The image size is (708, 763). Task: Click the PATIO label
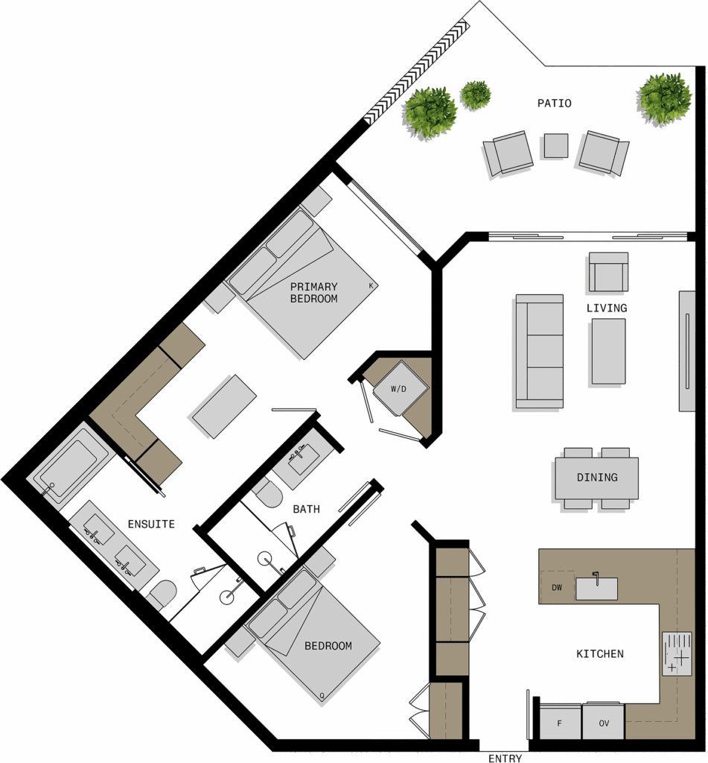(554, 103)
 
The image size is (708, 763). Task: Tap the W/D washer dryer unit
(401, 388)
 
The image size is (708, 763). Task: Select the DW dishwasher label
(557, 587)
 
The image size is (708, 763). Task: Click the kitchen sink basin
(596, 589)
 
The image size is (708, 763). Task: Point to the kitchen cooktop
(677, 653)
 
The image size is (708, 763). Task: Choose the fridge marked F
(560, 723)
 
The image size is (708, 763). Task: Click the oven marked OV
(604, 722)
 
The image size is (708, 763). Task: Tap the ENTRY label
(505, 758)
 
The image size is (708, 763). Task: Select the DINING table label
(597, 478)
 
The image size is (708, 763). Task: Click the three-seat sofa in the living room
(539, 351)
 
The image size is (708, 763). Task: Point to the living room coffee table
(608, 351)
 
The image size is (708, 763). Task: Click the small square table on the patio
(556, 145)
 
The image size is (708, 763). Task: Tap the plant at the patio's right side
(664, 100)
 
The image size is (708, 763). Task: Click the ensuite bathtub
(68, 468)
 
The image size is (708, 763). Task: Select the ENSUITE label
(151, 524)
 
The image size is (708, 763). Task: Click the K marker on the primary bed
(371, 285)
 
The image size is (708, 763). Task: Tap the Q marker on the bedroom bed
(322, 697)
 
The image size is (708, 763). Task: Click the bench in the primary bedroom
(224, 407)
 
